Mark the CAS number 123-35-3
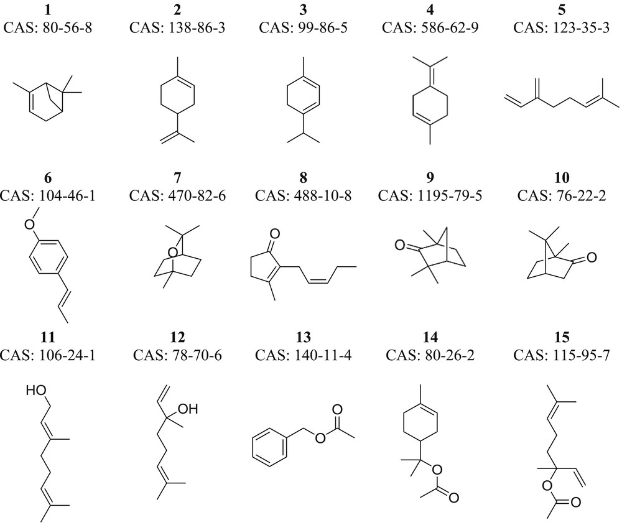(552, 27)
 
